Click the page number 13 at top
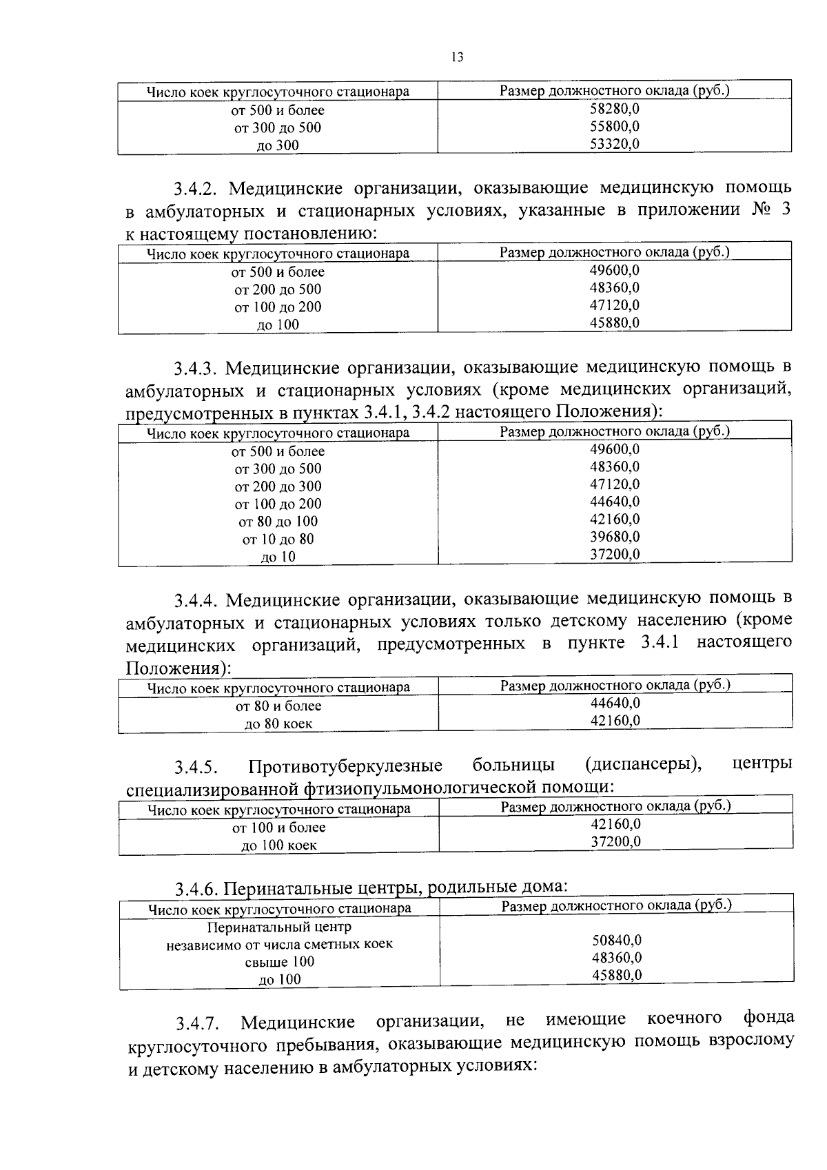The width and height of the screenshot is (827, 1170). click(457, 58)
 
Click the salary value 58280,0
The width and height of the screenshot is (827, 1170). click(615, 108)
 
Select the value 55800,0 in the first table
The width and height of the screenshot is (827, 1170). click(615, 126)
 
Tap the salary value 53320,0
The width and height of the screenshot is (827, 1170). click(615, 143)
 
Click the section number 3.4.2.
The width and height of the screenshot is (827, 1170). click(196, 188)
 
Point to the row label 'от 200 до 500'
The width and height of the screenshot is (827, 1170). click(278, 289)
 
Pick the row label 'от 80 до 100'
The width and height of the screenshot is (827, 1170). click(278, 522)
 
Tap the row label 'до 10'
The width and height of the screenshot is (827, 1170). click(278, 557)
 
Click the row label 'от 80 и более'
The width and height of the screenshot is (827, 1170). click(278, 706)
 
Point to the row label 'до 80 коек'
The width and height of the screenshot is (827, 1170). click(278, 724)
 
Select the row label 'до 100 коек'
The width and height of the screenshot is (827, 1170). click(278, 845)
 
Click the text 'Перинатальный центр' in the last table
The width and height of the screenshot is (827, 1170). click(279, 927)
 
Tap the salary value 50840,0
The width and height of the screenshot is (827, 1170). click(617, 940)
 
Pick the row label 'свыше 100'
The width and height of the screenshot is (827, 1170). click(279, 962)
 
